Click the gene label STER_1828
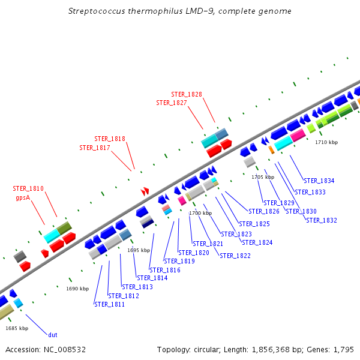coord(187,94)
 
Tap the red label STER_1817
coord(95,148)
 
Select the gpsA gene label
coord(23,197)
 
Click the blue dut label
coord(53,335)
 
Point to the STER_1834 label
coord(319,181)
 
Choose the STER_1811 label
coord(109,304)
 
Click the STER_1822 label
coord(235,256)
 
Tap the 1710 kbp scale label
coord(326,142)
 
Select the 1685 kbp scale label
coord(17,328)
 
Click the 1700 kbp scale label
coord(200,213)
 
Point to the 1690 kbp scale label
coord(77,289)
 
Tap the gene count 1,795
coord(343,349)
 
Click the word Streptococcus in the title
coord(97,11)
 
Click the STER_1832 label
coord(321,220)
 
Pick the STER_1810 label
coord(28,188)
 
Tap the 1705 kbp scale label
coord(263,177)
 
